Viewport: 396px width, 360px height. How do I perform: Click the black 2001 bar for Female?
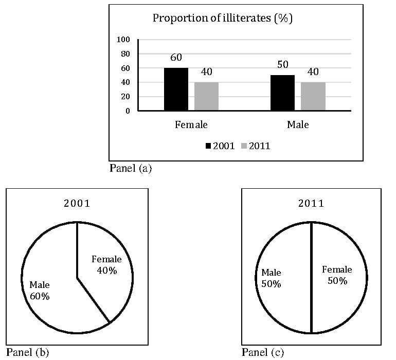tap(176, 89)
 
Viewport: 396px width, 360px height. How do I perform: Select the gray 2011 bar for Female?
tap(206, 96)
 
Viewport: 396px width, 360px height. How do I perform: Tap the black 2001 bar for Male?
tap(283, 93)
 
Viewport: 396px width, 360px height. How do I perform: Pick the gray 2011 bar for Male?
tap(313, 96)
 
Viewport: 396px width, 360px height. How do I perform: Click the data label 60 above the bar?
tap(176, 58)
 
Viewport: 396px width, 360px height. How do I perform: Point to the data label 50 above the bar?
tap(283, 64)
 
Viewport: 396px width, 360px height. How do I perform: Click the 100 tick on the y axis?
tap(123, 40)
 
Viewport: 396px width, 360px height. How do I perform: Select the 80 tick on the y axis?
tap(125, 54)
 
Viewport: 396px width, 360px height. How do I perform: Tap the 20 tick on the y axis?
tap(125, 97)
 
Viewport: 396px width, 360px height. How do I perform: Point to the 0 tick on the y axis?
tap(128, 111)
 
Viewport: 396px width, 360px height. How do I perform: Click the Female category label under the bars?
tap(191, 124)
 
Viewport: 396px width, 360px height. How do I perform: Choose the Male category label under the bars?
tap(298, 124)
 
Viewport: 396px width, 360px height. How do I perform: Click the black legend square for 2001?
tap(208, 146)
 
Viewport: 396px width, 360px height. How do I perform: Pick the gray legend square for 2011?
tap(244, 146)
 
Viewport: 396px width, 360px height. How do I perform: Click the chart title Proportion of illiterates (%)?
tap(223, 18)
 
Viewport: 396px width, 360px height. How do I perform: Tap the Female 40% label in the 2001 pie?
tap(106, 265)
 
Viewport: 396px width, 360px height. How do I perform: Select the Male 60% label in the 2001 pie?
tap(40, 291)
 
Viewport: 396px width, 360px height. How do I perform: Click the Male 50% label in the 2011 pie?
tap(271, 278)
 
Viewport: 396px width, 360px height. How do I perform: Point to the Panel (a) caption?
tap(131, 168)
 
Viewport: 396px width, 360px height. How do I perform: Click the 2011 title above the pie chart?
tap(311, 203)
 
